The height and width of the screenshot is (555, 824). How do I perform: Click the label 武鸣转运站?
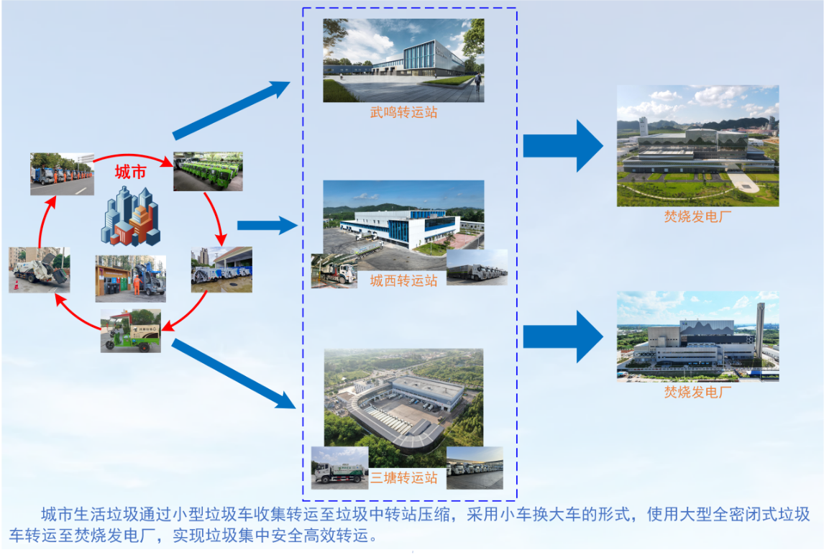403,112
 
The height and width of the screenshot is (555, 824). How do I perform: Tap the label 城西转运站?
403,280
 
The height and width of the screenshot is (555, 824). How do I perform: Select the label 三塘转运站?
403,477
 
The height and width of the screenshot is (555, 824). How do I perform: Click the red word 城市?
132,173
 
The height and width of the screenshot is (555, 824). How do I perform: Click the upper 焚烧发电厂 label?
697,216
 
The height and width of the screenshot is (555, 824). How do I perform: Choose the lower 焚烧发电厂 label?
697,392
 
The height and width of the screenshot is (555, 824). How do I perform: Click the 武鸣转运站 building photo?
403,60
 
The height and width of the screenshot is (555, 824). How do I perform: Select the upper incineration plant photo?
697,146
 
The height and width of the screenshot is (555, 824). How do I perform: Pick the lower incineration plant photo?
697,336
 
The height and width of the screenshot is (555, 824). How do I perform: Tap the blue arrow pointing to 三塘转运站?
234,374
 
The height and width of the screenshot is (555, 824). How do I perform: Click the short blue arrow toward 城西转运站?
267,226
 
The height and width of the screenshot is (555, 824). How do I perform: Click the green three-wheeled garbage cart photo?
130,331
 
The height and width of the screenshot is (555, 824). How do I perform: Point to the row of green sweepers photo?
208,171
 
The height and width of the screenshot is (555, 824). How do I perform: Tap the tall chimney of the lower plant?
760,331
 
